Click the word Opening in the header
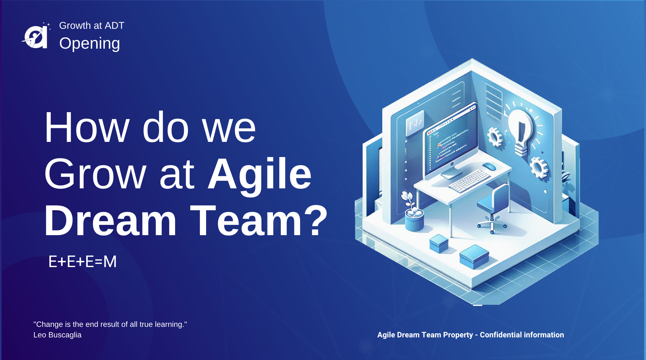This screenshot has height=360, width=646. tap(90, 43)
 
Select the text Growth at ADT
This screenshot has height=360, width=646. tap(92, 25)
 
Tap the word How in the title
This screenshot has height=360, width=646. tap(87, 127)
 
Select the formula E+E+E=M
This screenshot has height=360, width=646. tap(82, 261)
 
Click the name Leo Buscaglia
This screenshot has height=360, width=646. tap(57, 335)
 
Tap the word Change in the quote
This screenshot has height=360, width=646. tap(50, 324)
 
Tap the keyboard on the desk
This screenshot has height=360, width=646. tap(469, 181)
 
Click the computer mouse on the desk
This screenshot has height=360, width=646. tap(489, 167)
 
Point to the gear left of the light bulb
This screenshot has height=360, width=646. tap(495, 137)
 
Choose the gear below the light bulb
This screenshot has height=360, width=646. tap(539, 168)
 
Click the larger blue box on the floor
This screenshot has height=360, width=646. tap(474, 256)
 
